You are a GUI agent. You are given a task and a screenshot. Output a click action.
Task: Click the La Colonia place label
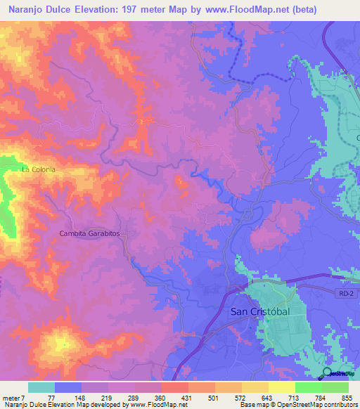click(38, 169)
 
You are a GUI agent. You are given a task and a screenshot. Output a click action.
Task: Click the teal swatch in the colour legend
click(41, 388)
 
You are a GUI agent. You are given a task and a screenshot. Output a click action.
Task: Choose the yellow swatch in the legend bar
click(281, 388)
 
